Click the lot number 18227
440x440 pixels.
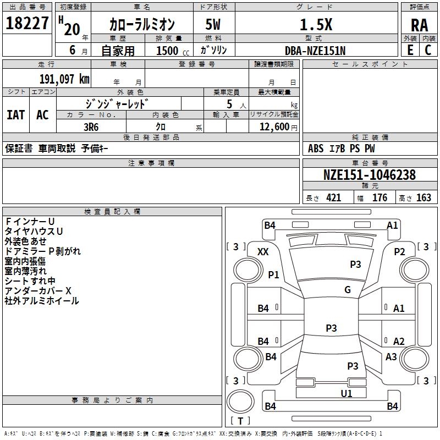click(x=27, y=23)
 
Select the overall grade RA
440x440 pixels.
click(x=420, y=25)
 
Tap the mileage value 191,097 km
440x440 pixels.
click(x=64, y=79)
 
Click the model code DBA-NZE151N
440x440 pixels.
click(x=315, y=51)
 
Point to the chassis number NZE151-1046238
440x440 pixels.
click(x=369, y=175)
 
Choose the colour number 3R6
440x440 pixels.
click(x=91, y=127)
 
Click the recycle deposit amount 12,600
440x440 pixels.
click(x=274, y=127)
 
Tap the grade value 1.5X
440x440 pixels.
click(x=316, y=25)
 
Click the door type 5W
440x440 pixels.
click(x=213, y=24)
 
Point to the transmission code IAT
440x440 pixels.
click(x=16, y=115)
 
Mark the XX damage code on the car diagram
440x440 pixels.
click(x=263, y=252)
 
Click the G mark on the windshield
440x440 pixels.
click(x=348, y=289)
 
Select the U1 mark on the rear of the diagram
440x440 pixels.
click(x=346, y=393)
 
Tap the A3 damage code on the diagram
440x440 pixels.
click(x=391, y=356)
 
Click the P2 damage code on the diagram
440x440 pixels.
click(x=399, y=252)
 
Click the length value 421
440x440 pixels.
click(x=334, y=198)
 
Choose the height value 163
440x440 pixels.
click(x=424, y=198)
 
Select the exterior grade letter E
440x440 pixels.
click(x=410, y=50)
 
